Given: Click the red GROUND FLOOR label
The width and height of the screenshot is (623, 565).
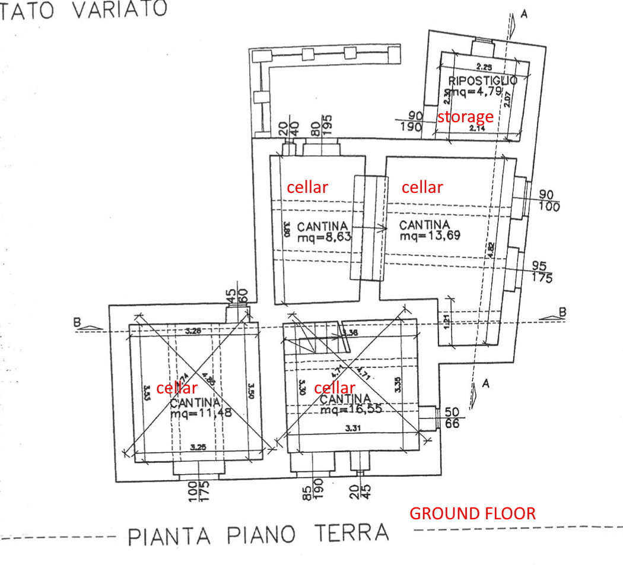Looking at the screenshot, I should (473, 513).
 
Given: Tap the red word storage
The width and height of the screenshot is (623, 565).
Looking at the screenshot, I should (465, 117).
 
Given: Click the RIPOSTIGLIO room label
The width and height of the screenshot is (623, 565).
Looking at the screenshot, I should (482, 80).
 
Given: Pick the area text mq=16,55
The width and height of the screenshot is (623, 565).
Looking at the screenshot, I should (350, 409).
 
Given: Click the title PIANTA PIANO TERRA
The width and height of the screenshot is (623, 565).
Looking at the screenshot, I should (259, 534).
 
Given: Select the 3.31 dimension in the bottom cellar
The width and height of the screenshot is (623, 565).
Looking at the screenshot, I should (352, 427).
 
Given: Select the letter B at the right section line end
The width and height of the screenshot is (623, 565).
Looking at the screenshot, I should (562, 312).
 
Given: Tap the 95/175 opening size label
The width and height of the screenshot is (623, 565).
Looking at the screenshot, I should (540, 271).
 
